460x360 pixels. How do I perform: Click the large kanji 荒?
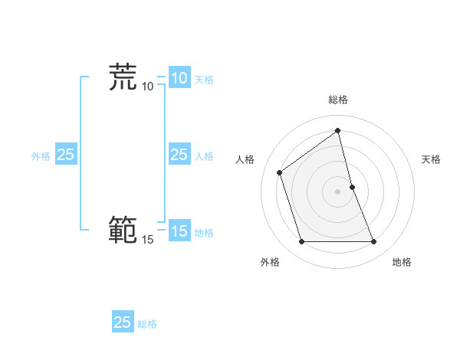(x=123, y=77)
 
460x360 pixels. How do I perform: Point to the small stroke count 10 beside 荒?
(x=148, y=86)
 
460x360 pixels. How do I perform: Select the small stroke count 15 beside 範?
(x=148, y=240)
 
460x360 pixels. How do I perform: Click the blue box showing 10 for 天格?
(x=179, y=78)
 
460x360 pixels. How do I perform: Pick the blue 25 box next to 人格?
(x=179, y=155)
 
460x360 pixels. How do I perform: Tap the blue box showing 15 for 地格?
(x=179, y=231)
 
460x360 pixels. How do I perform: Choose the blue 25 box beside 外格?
(x=65, y=155)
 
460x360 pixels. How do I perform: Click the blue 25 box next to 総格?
(x=123, y=322)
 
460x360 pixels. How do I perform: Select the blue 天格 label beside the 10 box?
(x=204, y=80)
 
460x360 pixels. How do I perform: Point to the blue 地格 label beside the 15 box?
(x=204, y=233)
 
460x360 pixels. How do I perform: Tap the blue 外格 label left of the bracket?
(x=41, y=156)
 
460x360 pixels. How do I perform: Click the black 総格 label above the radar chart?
(x=338, y=100)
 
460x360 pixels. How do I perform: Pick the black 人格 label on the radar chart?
(x=245, y=159)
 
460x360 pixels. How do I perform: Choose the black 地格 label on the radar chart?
(x=402, y=262)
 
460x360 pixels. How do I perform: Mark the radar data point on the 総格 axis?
(x=338, y=130)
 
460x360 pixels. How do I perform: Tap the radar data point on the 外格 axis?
(x=301, y=242)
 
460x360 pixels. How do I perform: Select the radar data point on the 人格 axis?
(x=280, y=172)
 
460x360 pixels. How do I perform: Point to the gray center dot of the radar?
(x=338, y=191)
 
